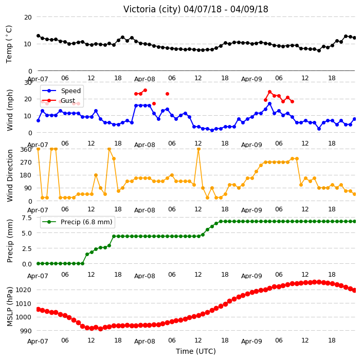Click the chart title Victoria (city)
tap(152, 9)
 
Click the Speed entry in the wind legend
tap(70, 91)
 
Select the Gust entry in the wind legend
tap(68, 100)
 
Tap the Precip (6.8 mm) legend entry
tap(86, 222)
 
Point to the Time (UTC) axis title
tap(196, 351)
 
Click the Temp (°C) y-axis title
tap(9, 44)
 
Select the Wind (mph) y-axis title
tap(10, 111)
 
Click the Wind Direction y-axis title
tap(10, 176)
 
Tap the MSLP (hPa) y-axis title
tap(10, 307)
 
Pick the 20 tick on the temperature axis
tap(28, 17)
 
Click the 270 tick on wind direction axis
tap(26, 163)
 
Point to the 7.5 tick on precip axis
tap(27, 218)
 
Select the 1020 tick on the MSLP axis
tap(23, 290)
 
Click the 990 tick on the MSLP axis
tap(25, 331)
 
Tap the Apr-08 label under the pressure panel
tap(144, 341)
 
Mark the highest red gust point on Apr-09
tap(269, 92)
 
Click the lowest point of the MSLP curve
tap(100, 329)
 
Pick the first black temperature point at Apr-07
tap(39, 36)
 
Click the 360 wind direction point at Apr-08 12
tap(198, 149)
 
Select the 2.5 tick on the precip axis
tap(27, 248)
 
